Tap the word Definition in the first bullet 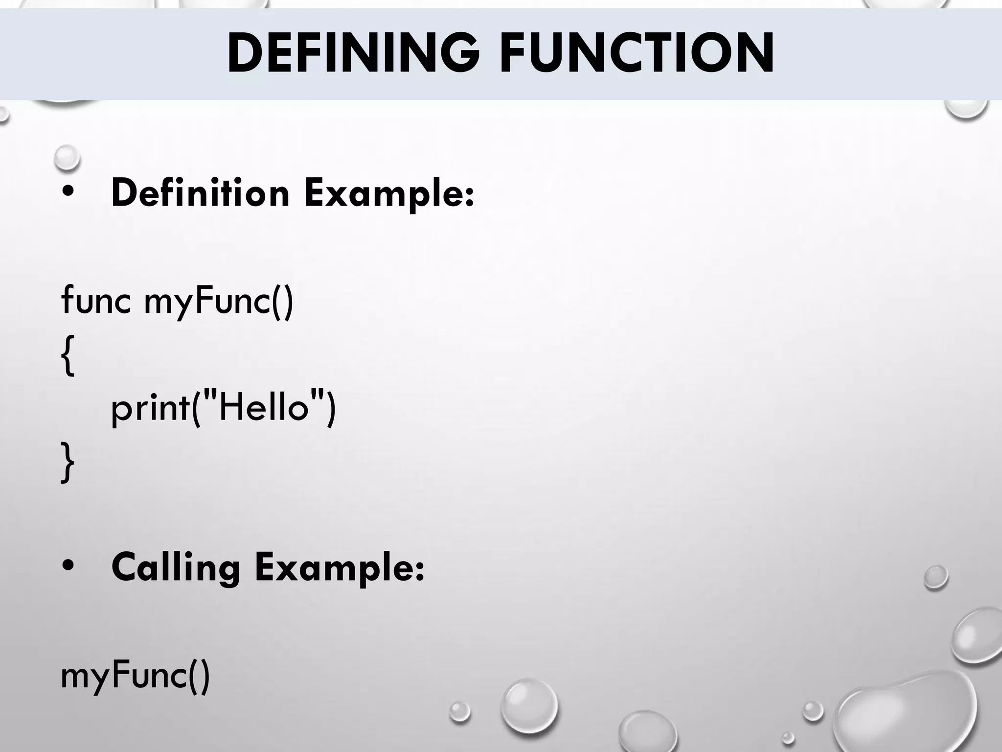pos(201,193)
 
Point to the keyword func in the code pos(96,300)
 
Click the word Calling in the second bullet pos(176,568)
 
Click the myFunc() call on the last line pos(135,676)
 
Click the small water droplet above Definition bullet pos(67,158)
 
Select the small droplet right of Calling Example pos(936,578)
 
